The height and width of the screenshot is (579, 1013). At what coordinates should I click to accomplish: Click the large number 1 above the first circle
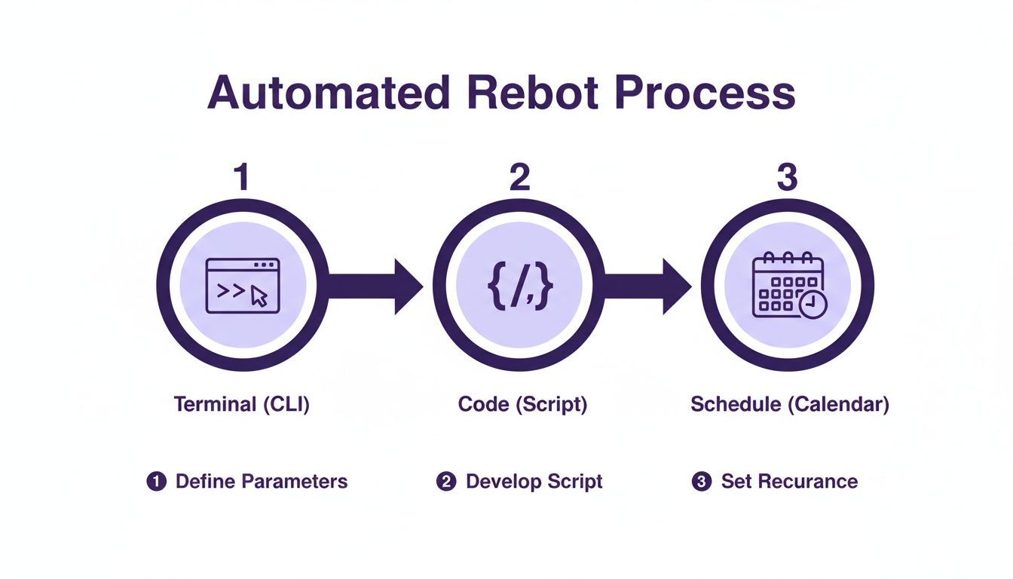(x=241, y=178)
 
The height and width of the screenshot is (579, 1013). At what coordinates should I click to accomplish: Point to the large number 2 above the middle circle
(x=519, y=178)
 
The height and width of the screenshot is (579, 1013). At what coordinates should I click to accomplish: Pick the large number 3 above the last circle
(x=786, y=178)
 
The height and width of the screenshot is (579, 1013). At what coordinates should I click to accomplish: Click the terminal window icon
(x=243, y=286)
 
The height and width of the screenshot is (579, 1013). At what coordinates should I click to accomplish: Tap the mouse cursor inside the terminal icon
(x=259, y=296)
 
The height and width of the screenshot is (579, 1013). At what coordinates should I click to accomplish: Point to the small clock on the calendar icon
(x=813, y=304)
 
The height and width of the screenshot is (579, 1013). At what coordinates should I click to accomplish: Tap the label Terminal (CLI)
(x=242, y=404)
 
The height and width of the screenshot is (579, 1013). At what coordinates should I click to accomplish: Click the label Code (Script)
(x=522, y=404)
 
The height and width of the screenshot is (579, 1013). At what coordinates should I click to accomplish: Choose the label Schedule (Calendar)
(x=790, y=404)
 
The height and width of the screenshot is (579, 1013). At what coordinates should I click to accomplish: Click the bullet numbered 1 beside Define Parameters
(x=156, y=482)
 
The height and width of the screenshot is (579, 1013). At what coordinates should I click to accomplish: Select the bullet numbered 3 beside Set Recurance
(x=701, y=482)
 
